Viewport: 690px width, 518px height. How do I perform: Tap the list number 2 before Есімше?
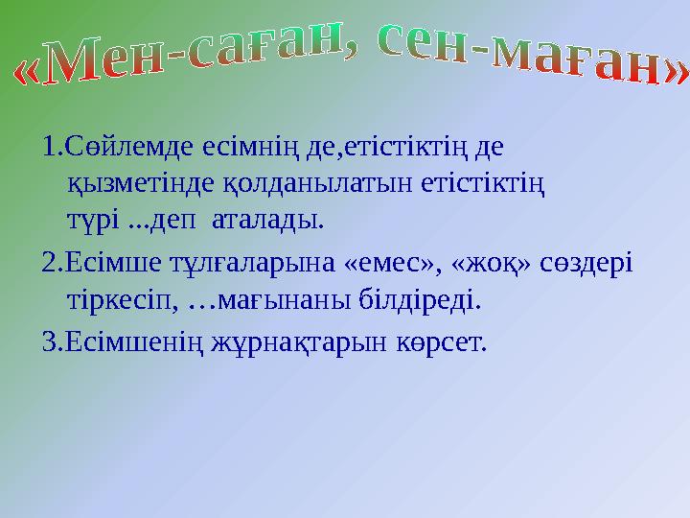pyautogui.click(x=49, y=263)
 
